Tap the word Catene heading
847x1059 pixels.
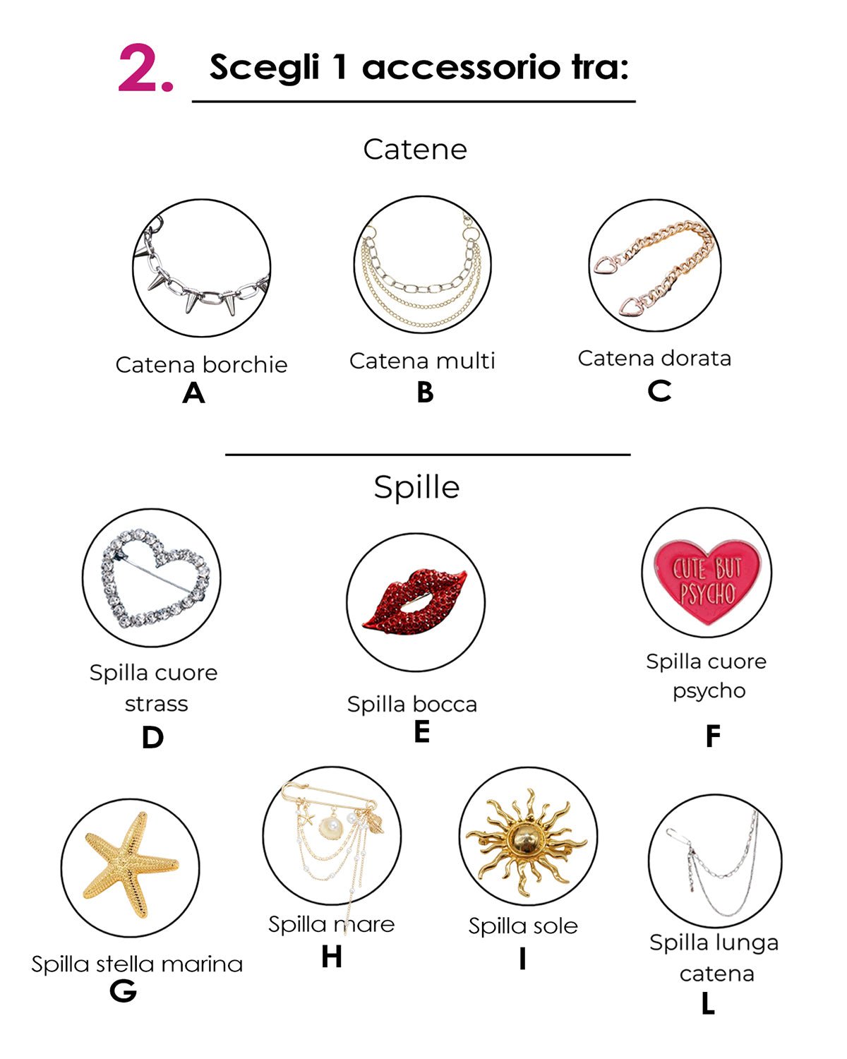point(415,149)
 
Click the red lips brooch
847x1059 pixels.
point(415,602)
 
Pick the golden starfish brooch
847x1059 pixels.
point(129,865)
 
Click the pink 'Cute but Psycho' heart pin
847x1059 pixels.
point(707,580)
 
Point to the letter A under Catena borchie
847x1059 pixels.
point(193,393)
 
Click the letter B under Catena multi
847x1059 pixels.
point(425,393)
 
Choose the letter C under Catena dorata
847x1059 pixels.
point(659,390)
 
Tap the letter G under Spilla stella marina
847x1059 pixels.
point(123,990)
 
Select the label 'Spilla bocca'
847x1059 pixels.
point(412,704)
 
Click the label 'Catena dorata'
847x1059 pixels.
point(654,358)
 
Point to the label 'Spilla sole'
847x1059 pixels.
point(522,926)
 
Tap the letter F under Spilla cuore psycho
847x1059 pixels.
point(713,736)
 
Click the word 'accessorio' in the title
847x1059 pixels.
point(461,67)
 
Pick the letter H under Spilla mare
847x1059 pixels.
point(332,957)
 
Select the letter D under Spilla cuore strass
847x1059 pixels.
point(152,737)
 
